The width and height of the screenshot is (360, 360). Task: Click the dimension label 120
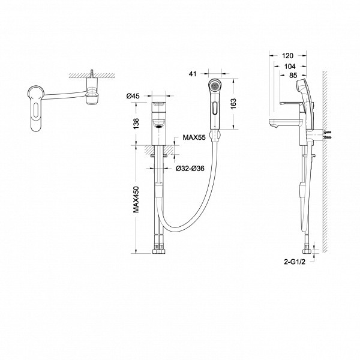click(x=287, y=56)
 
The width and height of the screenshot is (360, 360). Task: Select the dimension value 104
click(x=290, y=67)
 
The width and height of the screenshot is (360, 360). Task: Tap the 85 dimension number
click(x=293, y=75)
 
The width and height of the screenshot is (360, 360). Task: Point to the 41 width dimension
click(x=193, y=74)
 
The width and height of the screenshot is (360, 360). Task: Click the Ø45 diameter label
click(x=133, y=96)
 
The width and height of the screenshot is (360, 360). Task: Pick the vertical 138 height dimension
click(x=136, y=124)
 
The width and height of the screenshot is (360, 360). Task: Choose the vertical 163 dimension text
click(x=233, y=104)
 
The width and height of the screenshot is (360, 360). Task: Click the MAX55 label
click(x=194, y=137)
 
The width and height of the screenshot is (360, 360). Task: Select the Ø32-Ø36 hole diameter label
click(x=190, y=168)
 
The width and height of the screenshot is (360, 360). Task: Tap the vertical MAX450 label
click(x=136, y=199)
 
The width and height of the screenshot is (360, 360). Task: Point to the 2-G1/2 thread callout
click(x=295, y=262)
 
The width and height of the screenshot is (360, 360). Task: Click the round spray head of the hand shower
click(x=215, y=86)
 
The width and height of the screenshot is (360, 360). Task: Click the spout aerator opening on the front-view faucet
click(x=159, y=125)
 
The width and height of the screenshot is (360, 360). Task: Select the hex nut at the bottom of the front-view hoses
click(x=158, y=251)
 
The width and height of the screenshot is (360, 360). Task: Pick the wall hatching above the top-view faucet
click(x=92, y=76)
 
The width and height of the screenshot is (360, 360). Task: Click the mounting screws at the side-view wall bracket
click(x=328, y=135)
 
